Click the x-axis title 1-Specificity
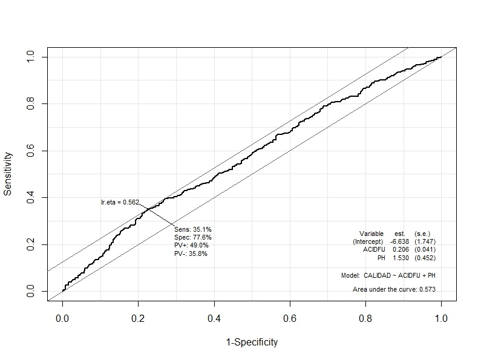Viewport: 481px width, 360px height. [x=252, y=342]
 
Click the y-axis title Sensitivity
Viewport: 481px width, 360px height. [x=8, y=173]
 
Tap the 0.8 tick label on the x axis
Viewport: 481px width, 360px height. [x=365, y=317]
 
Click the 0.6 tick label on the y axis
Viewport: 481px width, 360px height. [x=31, y=151]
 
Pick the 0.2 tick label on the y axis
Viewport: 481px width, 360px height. [x=31, y=244]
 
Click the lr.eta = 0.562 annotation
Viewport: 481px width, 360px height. [x=120, y=202]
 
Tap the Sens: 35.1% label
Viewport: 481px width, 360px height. [x=192, y=230]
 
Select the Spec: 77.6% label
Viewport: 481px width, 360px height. [x=193, y=238]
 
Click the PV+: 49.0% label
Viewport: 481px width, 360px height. [x=191, y=246]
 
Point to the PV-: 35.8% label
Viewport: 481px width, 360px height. [x=191, y=254]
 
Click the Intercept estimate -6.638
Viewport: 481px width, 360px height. [x=399, y=241]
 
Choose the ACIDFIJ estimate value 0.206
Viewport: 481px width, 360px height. [x=401, y=249]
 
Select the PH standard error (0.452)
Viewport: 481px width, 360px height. [x=425, y=258]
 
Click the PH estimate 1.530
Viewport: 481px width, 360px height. [x=401, y=258]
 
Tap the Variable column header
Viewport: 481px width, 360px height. [x=371, y=234]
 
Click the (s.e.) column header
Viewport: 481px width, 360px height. [x=422, y=234]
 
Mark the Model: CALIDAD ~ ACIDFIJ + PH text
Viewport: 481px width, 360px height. [x=388, y=275]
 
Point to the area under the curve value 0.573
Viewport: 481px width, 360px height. [x=427, y=290]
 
